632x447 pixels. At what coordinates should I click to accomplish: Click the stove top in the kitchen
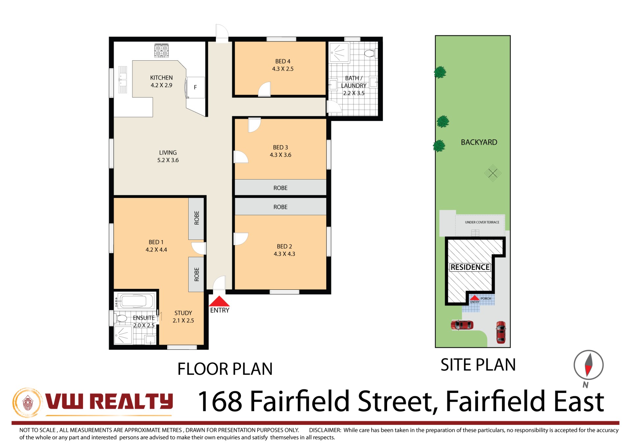click(x=161, y=50)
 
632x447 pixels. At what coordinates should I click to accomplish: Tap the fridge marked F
click(x=195, y=87)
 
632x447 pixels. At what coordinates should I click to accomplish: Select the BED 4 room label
click(x=283, y=61)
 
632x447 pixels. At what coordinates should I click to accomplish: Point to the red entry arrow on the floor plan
click(x=219, y=301)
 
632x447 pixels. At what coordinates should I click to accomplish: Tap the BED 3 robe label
click(x=280, y=188)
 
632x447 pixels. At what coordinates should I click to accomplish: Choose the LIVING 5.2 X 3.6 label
click(x=168, y=156)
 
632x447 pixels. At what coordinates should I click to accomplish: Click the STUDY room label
click(x=183, y=313)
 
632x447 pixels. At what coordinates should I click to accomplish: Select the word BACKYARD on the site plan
click(x=479, y=142)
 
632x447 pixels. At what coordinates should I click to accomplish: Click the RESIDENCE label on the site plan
click(x=470, y=267)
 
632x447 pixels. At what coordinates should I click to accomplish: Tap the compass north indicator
click(x=588, y=365)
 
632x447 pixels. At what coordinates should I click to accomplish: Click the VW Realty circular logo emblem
click(x=28, y=403)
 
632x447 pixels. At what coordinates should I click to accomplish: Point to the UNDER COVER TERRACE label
click(x=482, y=222)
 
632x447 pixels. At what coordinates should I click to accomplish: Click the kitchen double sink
click(x=122, y=79)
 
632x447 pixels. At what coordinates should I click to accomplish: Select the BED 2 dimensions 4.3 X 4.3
click(x=284, y=254)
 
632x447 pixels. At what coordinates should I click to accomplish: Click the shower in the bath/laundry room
click(x=339, y=52)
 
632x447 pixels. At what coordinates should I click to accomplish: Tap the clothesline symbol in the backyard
click(x=492, y=173)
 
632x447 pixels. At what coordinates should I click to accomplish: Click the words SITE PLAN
click(x=478, y=365)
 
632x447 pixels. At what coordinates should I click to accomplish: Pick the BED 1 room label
click(x=156, y=242)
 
